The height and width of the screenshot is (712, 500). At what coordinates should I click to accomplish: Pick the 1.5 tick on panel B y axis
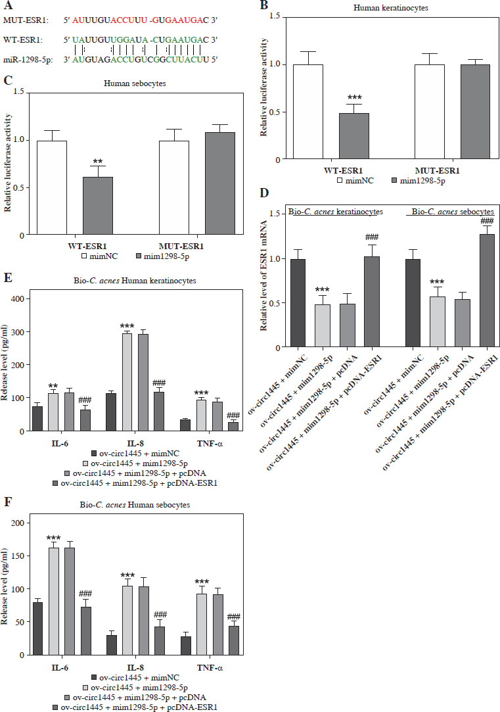[277, 16]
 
